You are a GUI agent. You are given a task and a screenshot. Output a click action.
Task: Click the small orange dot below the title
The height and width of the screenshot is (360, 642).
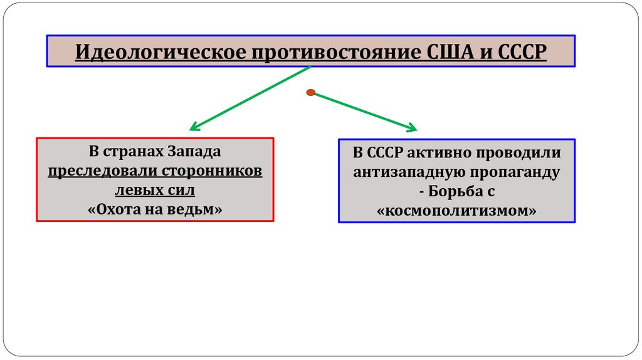310,92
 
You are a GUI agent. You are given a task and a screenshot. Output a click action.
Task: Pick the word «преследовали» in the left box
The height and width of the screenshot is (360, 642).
103,171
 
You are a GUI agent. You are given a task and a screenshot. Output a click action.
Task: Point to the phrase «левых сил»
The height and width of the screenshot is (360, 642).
155,189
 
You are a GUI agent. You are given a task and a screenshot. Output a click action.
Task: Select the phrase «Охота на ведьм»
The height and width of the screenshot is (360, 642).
155,208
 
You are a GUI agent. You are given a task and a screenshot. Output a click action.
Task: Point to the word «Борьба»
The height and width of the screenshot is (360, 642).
455,191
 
